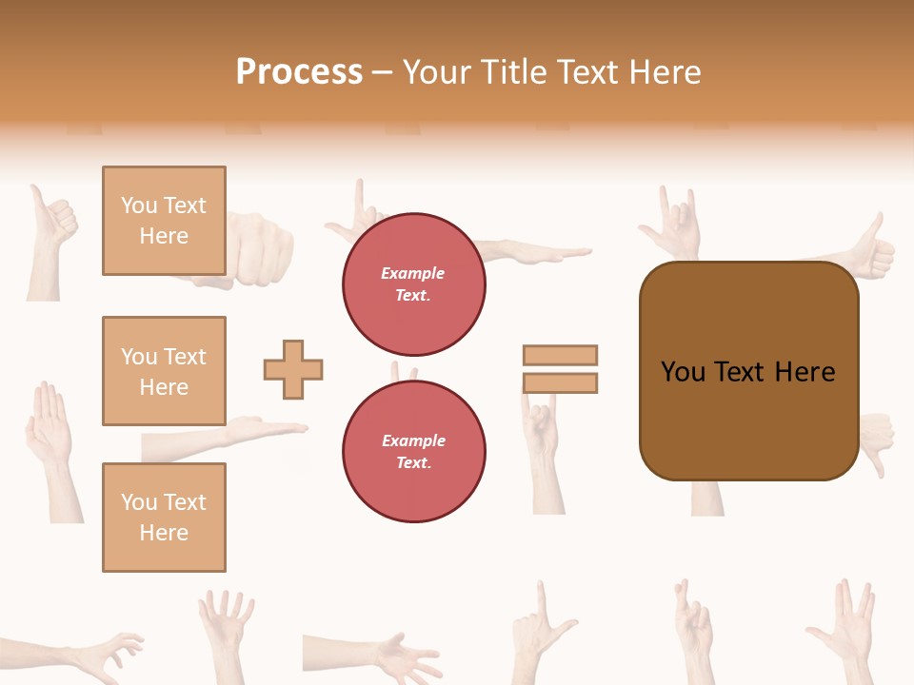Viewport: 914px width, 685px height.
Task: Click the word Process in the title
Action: [x=299, y=72]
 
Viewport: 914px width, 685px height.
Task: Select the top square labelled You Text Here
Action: [x=164, y=221]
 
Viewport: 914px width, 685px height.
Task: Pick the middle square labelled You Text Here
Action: [x=164, y=371]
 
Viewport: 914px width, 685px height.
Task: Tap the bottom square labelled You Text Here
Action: [x=164, y=517]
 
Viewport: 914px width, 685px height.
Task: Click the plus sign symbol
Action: [x=293, y=369]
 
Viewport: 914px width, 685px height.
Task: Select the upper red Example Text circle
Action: [x=413, y=284]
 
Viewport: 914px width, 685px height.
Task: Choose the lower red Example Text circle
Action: [x=413, y=451]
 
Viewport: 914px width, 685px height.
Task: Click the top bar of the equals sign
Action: [x=560, y=355]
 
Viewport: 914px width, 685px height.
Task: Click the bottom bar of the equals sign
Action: [x=560, y=382]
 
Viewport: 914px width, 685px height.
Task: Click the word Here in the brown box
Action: [x=805, y=372]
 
